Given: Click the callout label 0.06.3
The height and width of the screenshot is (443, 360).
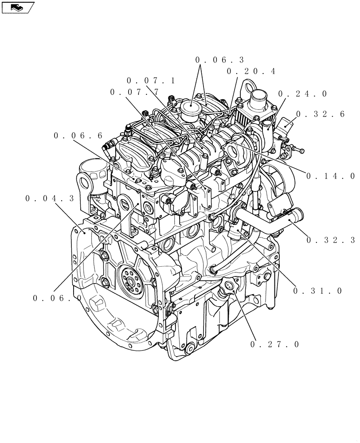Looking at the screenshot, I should tap(219, 60).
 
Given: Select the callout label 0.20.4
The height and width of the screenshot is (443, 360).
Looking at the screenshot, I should tap(251, 71).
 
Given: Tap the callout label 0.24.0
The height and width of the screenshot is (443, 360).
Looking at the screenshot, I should tap(303, 94).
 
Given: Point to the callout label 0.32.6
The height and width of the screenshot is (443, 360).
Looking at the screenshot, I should tap(320, 114).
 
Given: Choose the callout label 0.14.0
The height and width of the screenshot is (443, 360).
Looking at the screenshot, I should tap(330, 176).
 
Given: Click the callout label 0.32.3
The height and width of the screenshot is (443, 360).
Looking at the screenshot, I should tap(330, 240).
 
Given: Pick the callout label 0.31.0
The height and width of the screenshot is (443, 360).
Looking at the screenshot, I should tap(317, 291).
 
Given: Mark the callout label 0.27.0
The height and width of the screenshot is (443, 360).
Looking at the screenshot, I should tap(275, 344).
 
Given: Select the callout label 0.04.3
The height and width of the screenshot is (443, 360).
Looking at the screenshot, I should tap(50, 199).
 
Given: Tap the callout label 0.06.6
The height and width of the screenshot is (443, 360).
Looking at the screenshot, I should tap(78, 135).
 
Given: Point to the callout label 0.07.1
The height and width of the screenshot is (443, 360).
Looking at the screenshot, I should tap(151, 81).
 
